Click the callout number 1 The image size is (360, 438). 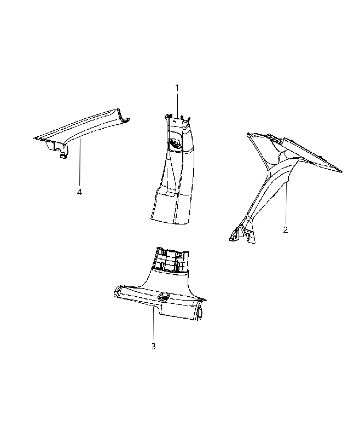pos(177,88)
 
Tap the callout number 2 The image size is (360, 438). pos(285,230)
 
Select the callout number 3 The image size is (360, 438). pos(154,347)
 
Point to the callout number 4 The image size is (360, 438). pos(79,192)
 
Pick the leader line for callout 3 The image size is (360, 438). pos(153,323)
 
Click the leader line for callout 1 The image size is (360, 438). pos(177,105)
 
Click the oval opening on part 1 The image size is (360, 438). pos(175,143)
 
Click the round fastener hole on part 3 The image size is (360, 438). pos(164,296)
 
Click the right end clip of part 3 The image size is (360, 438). pos(200,314)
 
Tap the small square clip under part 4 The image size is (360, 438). pos(63,156)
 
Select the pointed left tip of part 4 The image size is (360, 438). pos(34,139)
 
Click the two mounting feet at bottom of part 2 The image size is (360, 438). pos(242,234)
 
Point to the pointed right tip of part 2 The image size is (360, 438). pos(341,171)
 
